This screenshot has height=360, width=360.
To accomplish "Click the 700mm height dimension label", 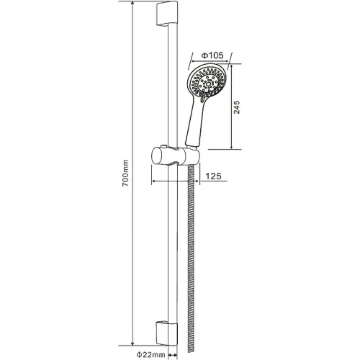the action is (125, 173).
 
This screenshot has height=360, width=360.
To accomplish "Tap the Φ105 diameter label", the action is (212, 55).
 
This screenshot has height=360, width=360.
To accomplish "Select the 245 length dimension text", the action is (236, 107).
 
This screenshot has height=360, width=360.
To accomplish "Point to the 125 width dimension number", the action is (213, 176).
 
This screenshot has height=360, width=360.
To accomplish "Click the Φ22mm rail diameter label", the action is (151, 354).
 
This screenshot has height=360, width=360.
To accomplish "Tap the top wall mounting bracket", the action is (167, 13).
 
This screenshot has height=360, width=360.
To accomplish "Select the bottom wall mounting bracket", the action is (167, 333).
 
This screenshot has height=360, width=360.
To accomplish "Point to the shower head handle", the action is (195, 122).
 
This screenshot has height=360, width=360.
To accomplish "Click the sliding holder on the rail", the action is (175, 157).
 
